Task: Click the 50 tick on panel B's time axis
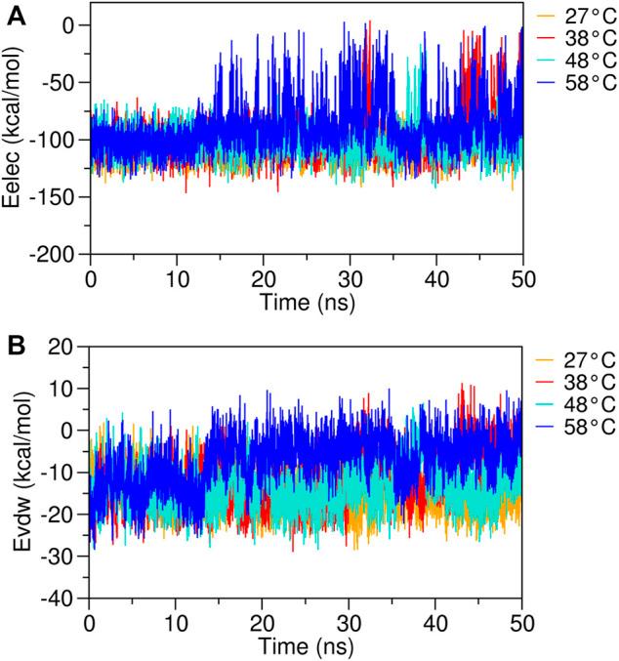(x=521, y=621)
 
